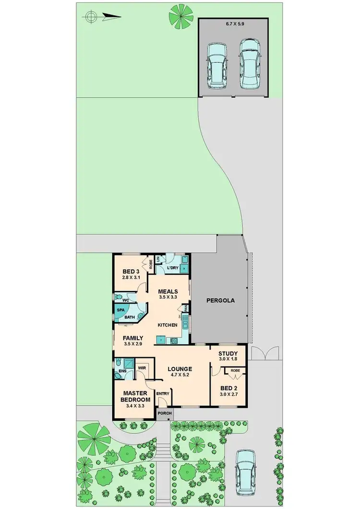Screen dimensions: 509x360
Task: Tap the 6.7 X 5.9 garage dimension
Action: (233, 23)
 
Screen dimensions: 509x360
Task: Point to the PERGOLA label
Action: (220, 301)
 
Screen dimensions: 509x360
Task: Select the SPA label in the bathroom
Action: (120, 310)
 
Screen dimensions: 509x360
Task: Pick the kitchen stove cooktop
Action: (173, 341)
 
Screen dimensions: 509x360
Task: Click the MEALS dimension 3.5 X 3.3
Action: (168, 297)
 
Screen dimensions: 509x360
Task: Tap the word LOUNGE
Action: (180, 369)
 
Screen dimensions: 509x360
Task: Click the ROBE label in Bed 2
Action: (235, 370)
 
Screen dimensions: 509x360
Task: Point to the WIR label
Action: (142, 368)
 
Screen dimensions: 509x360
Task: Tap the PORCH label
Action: (163, 413)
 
